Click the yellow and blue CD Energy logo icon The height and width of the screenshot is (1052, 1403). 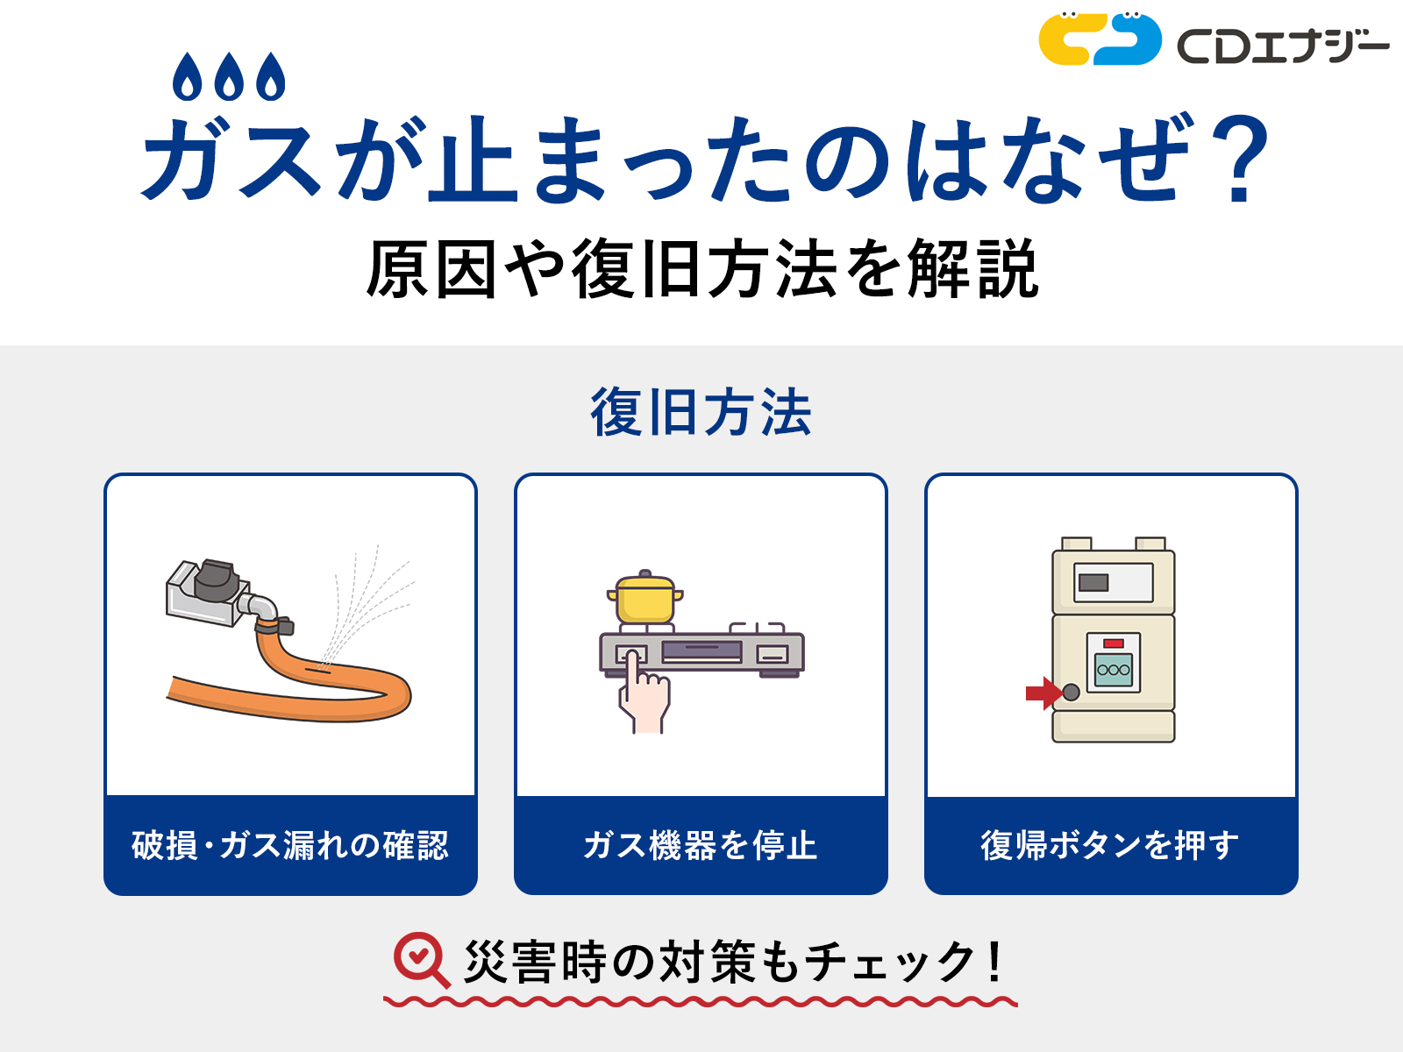[1100, 39]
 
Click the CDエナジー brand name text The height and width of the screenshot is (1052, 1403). [1283, 46]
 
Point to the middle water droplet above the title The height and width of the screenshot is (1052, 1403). [230, 77]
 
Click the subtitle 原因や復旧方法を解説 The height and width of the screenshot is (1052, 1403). [701, 269]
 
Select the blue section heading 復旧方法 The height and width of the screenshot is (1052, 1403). [701, 412]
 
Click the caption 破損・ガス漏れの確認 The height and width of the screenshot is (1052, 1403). [290, 845]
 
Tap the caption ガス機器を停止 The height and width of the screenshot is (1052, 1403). [701, 845]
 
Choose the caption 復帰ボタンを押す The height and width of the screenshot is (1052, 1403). [1110, 845]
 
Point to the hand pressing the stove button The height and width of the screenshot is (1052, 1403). [644, 697]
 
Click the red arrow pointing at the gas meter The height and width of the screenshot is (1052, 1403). [1043, 693]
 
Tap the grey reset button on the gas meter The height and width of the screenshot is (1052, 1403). [1071, 693]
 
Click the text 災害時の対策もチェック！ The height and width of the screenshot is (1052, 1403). [732, 962]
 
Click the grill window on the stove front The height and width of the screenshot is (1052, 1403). [701, 651]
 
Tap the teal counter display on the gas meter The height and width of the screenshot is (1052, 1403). [1114, 670]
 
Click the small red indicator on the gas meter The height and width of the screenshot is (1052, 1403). [1114, 643]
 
